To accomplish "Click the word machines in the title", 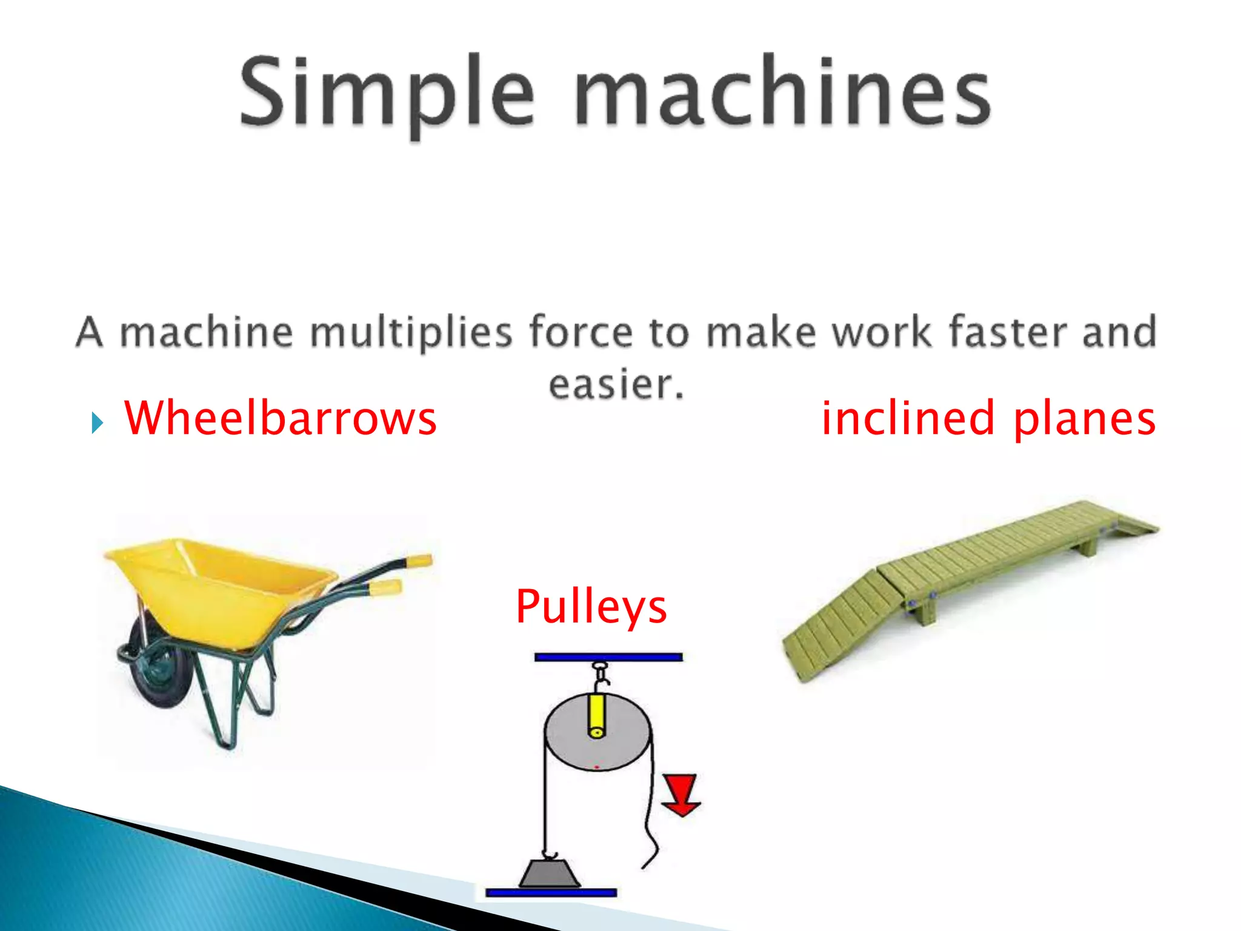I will click(x=782, y=92).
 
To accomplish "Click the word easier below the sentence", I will click(x=616, y=384).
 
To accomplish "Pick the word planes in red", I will click(x=1084, y=419).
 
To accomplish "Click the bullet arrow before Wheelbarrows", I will click(x=97, y=422).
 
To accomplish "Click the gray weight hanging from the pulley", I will click(x=550, y=874).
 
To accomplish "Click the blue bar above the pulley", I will click(x=608, y=657).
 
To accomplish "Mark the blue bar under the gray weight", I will click(x=551, y=893).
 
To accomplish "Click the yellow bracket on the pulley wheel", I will click(x=596, y=715).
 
